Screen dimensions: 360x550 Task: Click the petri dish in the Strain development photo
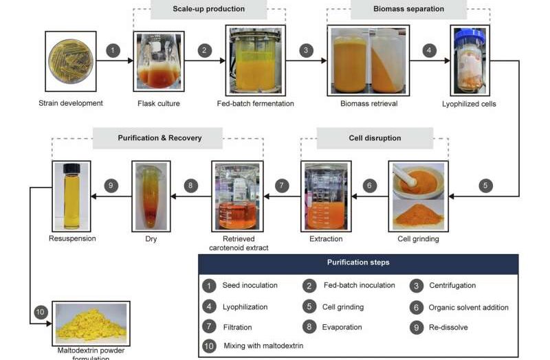(x=71, y=61)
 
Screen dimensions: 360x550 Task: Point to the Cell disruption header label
(x=375, y=138)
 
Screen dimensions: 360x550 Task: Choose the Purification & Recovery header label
(x=159, y=138)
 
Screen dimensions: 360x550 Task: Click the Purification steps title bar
(x=357, y=263)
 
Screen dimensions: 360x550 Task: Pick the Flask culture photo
(x=162, y=62)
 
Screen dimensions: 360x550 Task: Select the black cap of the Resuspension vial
(x=72, y=169)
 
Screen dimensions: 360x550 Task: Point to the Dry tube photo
(x=151, y=196)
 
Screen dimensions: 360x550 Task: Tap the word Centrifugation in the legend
(x=452, y=285)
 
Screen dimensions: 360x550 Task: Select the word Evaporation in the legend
(x=342, y=327)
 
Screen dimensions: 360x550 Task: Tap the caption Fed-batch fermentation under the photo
(x=256, y=104)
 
